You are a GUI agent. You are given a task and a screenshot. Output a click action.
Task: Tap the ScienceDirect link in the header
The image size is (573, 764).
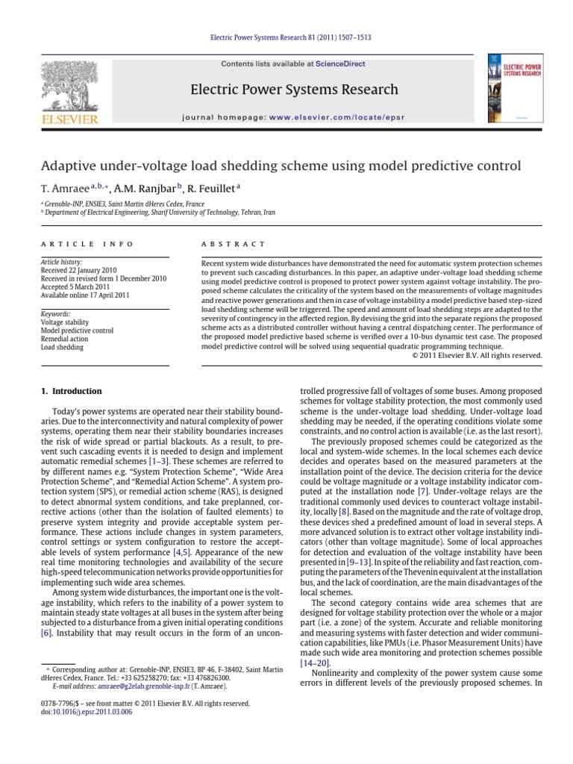pyautogui.click(x=339, y=64)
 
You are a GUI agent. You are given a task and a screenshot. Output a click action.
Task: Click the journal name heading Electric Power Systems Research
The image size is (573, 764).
pyautogui.click(x=295, y=90)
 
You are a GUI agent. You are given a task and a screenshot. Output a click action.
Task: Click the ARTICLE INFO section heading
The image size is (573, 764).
pyautogui.click(x=87, y=244)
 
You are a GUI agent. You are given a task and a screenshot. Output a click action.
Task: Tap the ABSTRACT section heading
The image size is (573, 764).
pyautogui.click(x=234, y=244)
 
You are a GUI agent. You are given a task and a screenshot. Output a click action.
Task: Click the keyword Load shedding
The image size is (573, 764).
pyautogui.click(x=63, y=347)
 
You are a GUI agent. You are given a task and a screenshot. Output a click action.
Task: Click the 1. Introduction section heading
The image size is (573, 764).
pyautogui.click(x=71, y=391)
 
